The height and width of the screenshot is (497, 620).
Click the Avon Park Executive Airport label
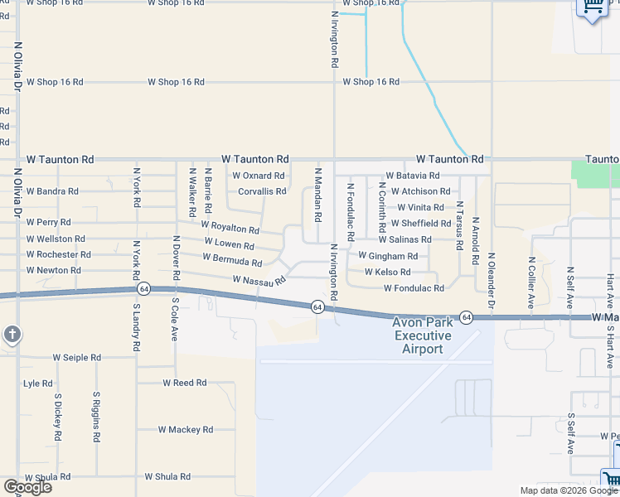(423, 335)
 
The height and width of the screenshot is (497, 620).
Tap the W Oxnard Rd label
(259, 176)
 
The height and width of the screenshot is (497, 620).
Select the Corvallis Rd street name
(262, 191)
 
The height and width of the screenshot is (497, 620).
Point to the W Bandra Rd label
(52, 191)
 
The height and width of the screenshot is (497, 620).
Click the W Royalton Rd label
(230, 227)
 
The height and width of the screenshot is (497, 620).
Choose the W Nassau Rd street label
(259, 281)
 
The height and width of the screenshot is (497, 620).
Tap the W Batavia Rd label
(412, 176)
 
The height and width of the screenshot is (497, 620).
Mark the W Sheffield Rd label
(421, 223)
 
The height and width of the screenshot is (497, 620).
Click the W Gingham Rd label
(388, 256)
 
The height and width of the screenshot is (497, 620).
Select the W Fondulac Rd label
(414, 288)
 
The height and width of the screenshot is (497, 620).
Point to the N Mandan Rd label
(317, 195)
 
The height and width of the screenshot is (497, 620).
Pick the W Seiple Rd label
(77, 358)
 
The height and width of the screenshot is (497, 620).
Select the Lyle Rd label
(38, 384)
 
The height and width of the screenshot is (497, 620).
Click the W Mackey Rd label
(186, 430)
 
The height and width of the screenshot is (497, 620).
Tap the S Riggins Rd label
(97, 417)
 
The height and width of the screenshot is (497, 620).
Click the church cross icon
(12, 335)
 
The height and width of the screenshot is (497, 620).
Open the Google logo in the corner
(27, 487)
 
